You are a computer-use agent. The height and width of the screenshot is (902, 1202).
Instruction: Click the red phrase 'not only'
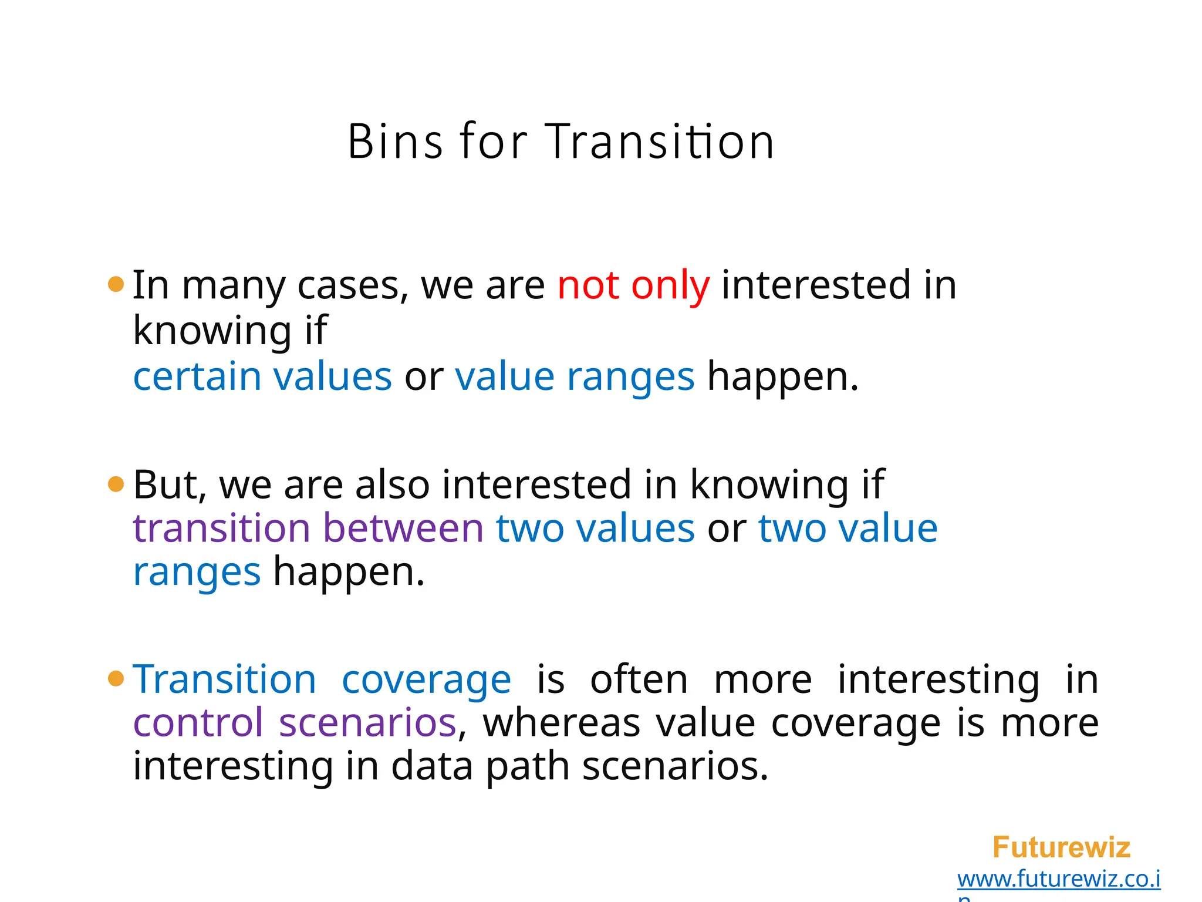pos(633,285)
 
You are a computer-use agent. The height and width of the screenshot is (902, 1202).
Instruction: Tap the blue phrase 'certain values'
pos(262,376)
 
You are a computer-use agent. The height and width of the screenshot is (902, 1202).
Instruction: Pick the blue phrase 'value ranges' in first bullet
pos(575,376)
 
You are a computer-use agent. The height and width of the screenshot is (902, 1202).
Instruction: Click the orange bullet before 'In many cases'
pos(116,285)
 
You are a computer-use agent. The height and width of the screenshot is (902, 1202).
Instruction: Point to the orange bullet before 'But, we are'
pos(116,484)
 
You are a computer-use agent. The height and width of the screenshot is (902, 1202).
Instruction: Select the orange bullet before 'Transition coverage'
pos(116,679)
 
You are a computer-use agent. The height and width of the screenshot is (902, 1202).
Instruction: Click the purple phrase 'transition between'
pos(308,528)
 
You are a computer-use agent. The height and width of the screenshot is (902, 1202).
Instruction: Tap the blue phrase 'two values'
pos(595,528)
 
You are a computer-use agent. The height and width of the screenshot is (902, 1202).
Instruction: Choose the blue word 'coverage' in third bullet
pos(426,680)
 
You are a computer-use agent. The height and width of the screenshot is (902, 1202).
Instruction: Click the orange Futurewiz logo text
pos(1061,847)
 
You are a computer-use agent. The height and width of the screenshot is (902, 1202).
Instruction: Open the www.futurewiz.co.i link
pos(1058,879)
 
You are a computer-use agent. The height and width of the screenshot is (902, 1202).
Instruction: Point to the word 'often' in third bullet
pos(639,680)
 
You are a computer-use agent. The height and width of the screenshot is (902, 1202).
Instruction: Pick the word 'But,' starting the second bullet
pos(170,485)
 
